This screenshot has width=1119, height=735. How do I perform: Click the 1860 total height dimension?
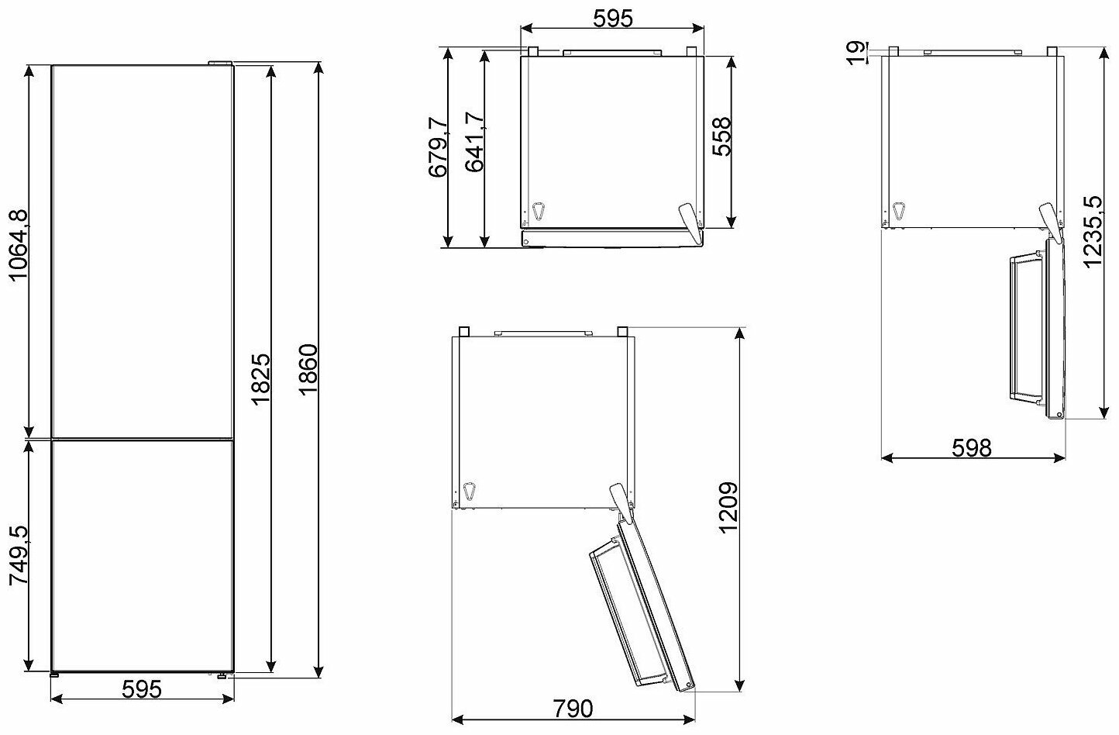pos(308,370)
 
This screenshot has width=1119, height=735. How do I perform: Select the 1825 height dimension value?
pos(261,379)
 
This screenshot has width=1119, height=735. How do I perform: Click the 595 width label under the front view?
pos(142,689)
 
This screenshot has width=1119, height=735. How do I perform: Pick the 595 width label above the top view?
pos(613,19)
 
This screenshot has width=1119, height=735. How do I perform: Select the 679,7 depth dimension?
pos(438,147)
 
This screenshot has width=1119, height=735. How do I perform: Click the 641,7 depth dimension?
pos(474,142)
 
